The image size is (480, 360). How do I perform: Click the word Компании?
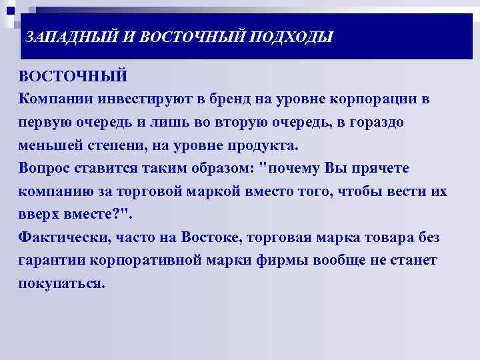[x=56, y=99]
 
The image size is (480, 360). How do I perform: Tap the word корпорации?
[x=375, y=99]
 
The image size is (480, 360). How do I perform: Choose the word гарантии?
[x=52, y=261]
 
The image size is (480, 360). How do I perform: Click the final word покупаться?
[x=61, y=283]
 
